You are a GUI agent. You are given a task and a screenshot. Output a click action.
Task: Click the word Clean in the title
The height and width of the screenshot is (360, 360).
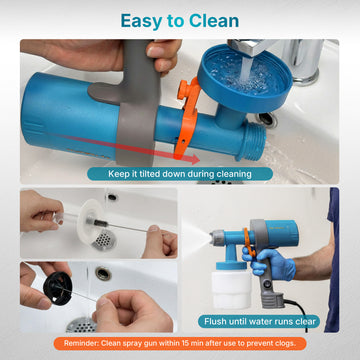click(214, 21)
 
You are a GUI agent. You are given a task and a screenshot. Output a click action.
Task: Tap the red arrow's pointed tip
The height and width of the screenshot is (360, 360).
click(199, 160)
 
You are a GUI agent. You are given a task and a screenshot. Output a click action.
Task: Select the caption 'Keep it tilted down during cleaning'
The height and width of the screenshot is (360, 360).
click(180, 174)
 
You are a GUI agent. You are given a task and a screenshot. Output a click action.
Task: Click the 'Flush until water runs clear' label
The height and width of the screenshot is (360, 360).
click(260, 322)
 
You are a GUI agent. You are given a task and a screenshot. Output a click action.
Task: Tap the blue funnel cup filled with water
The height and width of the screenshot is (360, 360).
click(244, 78)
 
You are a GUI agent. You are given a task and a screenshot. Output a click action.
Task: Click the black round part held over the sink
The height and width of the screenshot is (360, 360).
click(57, 288)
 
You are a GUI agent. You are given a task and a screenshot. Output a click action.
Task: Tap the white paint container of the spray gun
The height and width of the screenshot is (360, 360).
click(231, 289)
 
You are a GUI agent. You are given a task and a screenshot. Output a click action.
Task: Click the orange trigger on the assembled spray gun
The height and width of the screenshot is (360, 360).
click(248, 242)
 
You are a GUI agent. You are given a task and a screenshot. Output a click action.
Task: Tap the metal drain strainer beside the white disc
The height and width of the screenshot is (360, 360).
click(104, 240)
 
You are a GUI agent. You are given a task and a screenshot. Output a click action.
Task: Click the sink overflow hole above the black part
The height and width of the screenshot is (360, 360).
click(103, 274)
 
